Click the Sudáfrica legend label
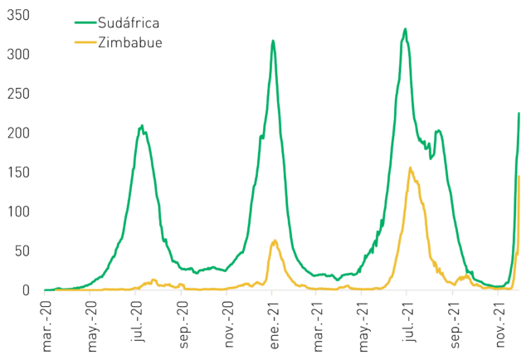tap(129, 23)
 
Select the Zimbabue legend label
tap(130, 42)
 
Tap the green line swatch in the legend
tap(85, 22)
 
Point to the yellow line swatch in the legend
tap(85, 42)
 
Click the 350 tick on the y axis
tap(18, 15)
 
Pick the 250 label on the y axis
tap(18, 94)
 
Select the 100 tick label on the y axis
tap(18, 212)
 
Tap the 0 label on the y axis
tap(26, 290)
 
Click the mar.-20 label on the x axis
tap(46, 326)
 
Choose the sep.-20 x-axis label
tap(183, 324)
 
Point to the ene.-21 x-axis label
tap(274, 325)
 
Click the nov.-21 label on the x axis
tap(500, 324)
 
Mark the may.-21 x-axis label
tap(363, 326)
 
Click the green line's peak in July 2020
tap(142, 125)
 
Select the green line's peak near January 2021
tap(273, 41)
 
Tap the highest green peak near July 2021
tap(405, 29)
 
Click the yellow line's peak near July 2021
tap(411, 168)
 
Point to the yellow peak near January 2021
tap(275, 241)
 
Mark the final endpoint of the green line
tap(519, 113)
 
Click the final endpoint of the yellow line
tap(519, 176)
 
